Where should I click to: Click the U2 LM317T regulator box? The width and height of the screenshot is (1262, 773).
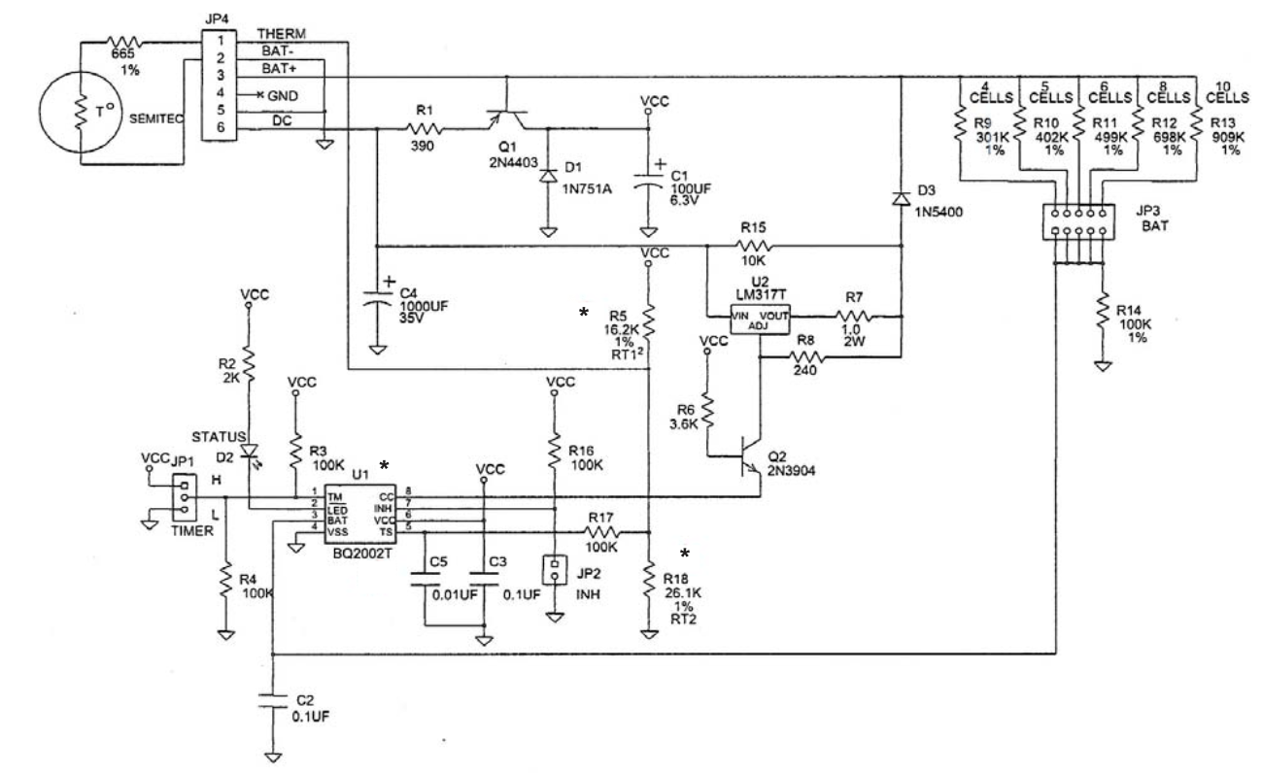coord(760,318)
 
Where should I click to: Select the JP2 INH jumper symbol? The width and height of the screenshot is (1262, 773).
coord(554,571)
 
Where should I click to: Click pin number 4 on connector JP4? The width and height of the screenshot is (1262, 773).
coord(221,92)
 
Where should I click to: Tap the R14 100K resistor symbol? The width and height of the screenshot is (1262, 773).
coord(1103,313)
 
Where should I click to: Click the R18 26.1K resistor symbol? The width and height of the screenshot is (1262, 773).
coord(649,583)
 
